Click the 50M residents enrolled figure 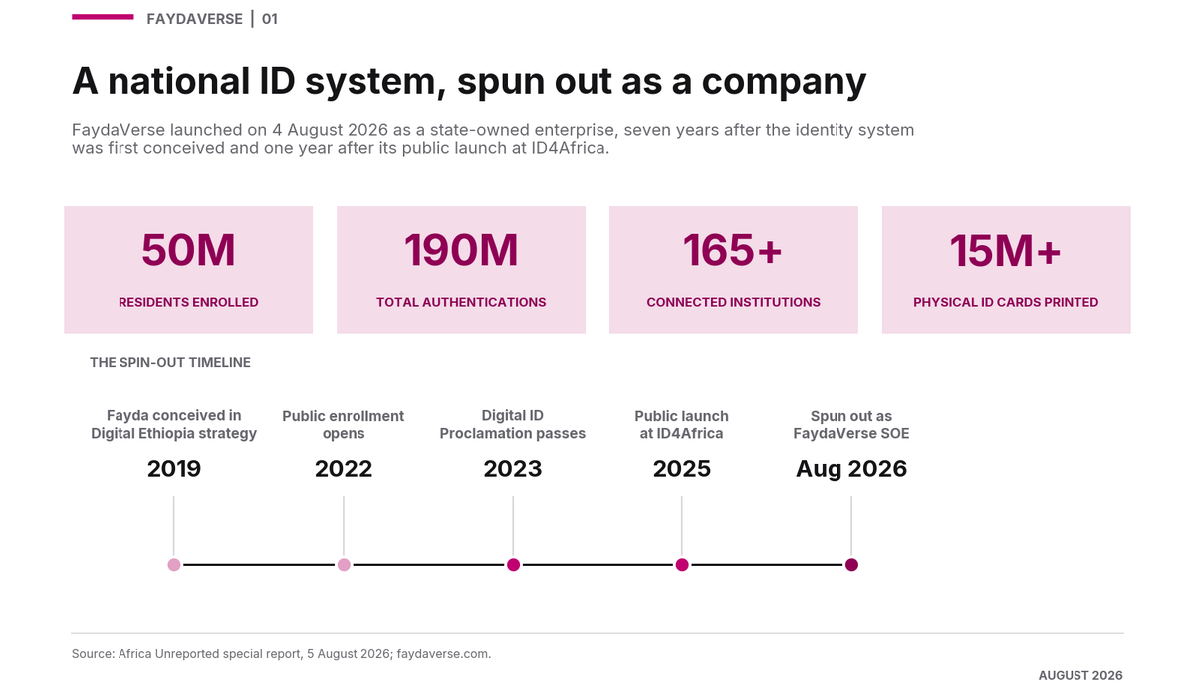[188, 250]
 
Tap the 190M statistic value [461, 250]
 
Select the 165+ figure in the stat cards [733, 250]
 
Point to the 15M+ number [1006, 250]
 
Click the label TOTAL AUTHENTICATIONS [461, 302]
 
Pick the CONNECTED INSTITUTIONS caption [734, 302]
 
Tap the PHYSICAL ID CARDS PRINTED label [1006, 302]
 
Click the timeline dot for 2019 [174, 565]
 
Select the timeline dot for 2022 [344, 565]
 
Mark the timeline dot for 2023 [513, 565]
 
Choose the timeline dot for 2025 [682, 565]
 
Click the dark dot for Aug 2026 [851, 565]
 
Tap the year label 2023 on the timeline [513, 469]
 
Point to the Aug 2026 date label [850, 469]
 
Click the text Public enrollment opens [343, 424]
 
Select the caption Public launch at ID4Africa [681, 424]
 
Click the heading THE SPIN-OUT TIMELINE [170, 362]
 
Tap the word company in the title [784, 82]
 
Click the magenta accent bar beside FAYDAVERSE [103, 17]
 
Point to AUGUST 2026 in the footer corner [1080, 676]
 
